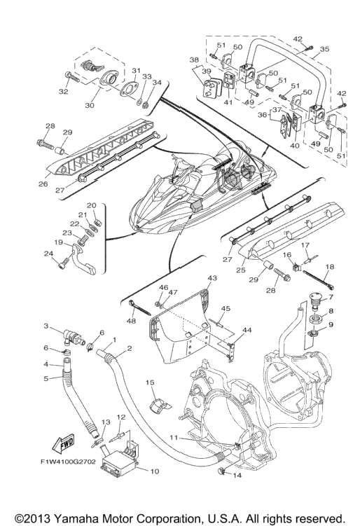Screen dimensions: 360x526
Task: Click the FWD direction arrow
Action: coord(63,445)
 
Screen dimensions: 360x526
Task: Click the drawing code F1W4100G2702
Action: coord(68,462)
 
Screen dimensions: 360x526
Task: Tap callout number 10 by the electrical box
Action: coord(154,471)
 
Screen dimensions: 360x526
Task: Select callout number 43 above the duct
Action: coord(212,278)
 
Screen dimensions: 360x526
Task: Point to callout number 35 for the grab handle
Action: coord(324,49)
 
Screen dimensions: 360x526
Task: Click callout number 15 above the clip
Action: coord(150,382)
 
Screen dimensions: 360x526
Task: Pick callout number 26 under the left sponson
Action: coord(43,184)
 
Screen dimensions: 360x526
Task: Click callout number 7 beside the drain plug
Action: coord(331,297)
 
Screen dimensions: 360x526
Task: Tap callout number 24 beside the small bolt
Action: coord(48,254)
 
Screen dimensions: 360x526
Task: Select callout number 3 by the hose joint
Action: coord(46,326)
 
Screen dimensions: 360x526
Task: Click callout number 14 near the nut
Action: coord(237,475)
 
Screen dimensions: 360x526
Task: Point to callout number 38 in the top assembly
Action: coord(194,60)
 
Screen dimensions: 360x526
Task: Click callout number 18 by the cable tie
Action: coord(330,267)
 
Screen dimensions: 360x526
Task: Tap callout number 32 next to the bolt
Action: coord(64,91)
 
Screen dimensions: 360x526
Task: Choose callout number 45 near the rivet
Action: coord(226,308)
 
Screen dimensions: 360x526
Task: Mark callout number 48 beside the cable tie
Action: coord(131,321)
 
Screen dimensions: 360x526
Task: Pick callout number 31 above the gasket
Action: coord(136,71)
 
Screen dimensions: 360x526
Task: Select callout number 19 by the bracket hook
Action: coord(58,242)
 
